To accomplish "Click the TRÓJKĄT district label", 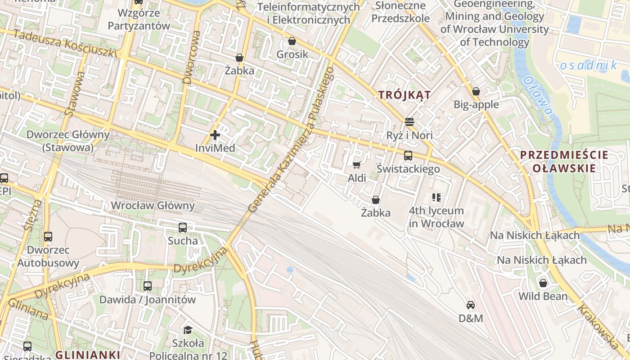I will [x=405, y=95].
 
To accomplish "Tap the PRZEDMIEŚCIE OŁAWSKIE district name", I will [x=564, y=162].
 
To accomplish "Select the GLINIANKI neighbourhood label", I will [x=87, y=355].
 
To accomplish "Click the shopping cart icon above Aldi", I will [x=357, y=165].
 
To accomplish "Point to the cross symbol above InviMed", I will [x=215, y=135].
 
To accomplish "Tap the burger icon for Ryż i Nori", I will [x=409, y=122].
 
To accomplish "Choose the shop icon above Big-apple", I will [x=476, y=91].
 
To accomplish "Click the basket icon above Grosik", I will [x=292, y=41].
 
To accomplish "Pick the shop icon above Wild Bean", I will [x=543, y=283].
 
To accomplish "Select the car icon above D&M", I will [x=471, y=305].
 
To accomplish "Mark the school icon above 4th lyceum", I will [x=436, y=197].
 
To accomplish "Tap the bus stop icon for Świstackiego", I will [x=408, y=156].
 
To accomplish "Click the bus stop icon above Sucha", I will [x=183, y=227].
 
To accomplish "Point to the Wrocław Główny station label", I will [x=153, y=206].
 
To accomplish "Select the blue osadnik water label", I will [x=589, y=66].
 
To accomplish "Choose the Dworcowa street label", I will [x=191, y=57].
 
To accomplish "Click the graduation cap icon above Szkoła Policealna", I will [x=188, y=330].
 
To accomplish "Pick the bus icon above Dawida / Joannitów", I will [x=148, y=286].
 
